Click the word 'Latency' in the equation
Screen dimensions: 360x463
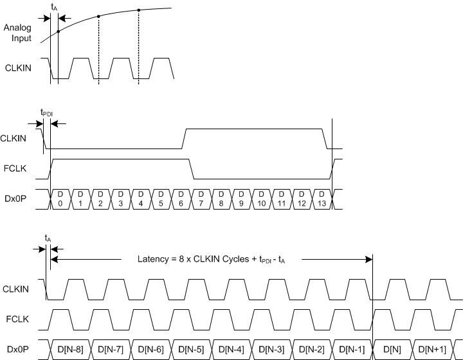(x=152, y=259)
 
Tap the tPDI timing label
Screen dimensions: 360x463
(x=47, y=113)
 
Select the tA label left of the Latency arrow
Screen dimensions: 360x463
(x=48, y=239)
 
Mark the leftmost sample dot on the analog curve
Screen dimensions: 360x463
(x=58, y=31)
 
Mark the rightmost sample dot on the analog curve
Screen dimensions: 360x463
(x=139, y=10)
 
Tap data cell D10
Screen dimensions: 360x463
(x=260, y=199)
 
